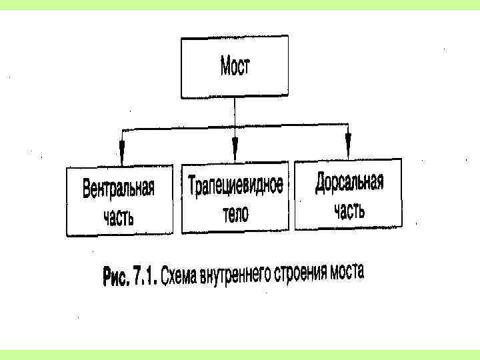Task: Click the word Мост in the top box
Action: coord(235,67)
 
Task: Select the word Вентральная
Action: coord(119,189)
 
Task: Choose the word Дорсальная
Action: coord(349,182)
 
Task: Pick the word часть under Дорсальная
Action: coord(349,210)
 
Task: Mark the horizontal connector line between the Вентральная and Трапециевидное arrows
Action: coord(177,127)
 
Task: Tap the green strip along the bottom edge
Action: coord(240,354)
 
